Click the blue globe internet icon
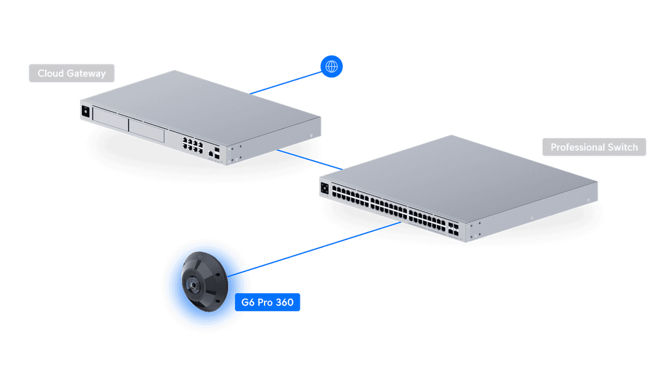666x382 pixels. point(331,66)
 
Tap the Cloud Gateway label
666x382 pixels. point(72,73)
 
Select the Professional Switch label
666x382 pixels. point(594,147)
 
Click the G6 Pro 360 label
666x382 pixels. point(267,302)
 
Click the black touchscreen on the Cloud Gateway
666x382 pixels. point(85,112)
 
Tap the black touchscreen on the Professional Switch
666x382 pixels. point(324,186)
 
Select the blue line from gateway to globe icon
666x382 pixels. point(287,81)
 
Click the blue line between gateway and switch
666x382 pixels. point(308,159)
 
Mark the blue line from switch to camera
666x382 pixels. point(321,247)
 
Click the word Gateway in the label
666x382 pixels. point(86,73)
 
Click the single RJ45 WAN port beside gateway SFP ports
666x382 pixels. point(212,151)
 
